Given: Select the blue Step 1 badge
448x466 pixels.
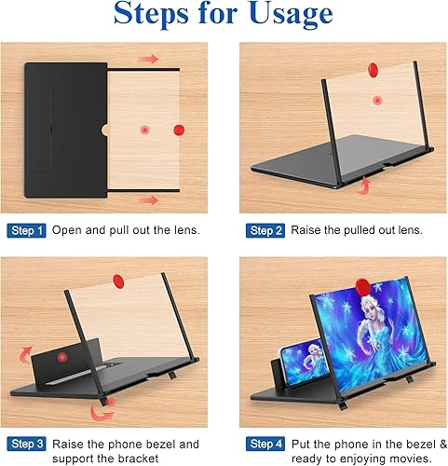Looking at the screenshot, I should [26, 229].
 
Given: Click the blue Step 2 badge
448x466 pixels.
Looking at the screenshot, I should [265, 229].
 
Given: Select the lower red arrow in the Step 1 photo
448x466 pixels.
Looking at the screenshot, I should [147, 199].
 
